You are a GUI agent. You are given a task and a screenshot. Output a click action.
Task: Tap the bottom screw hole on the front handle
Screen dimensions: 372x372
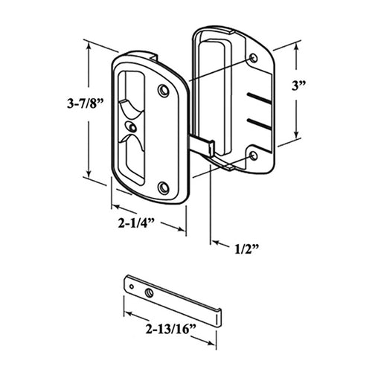click(163, 187)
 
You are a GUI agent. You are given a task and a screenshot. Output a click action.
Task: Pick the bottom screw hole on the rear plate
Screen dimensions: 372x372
click(254, 154)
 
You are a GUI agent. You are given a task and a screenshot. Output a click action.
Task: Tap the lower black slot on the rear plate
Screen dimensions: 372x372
click(257, 119)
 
